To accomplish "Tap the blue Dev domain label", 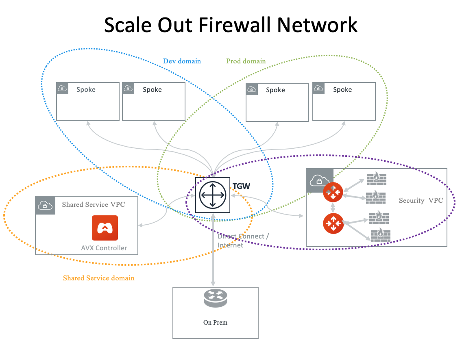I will [182, 61].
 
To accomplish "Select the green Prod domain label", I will [246, 61].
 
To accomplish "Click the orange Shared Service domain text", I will [98, 278].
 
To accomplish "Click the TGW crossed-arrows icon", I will [212, 195].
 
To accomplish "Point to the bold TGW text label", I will [241, 187].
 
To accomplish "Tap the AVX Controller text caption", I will [104, 248].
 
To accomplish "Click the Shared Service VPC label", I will [94, 204].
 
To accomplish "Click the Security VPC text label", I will [421, 200].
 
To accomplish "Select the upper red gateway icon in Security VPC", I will [333, 192].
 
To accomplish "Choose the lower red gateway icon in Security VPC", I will [333, 223].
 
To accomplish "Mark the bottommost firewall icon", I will [381, 235].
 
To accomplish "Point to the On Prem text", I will [215, 323].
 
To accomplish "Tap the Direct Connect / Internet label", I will [242, 241].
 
